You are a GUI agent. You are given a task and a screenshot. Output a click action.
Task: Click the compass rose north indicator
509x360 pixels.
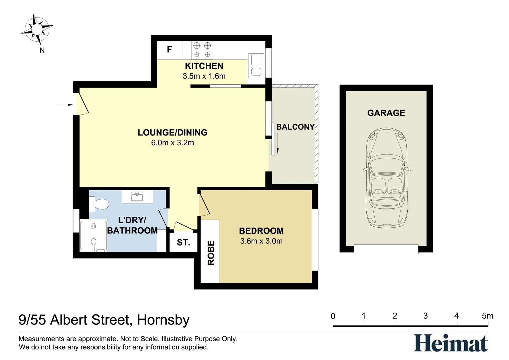(37, 29)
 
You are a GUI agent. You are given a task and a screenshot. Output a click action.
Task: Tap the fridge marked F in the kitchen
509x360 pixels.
(169, 50)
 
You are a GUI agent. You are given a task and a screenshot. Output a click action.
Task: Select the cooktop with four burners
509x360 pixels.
(202, 50)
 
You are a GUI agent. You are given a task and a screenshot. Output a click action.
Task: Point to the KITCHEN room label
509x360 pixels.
(204, 66)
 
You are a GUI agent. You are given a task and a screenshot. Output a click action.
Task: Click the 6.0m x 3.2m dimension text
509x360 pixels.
(173, 143)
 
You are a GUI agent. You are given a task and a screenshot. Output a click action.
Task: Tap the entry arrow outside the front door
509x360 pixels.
(66, 105)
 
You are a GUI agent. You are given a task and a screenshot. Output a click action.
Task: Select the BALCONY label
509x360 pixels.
(295, 127)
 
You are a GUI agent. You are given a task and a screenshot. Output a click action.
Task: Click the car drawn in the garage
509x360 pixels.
(386, 177)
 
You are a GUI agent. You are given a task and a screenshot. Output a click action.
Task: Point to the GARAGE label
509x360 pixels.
(386, 113)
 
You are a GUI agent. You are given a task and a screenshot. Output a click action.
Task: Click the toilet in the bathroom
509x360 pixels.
(99, 204)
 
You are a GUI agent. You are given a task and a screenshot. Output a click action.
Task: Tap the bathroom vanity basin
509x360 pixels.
(137, 196)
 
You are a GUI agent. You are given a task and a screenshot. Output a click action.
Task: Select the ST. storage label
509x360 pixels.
(183, 243)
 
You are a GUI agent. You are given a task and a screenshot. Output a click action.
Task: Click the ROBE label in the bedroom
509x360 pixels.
(211, 253)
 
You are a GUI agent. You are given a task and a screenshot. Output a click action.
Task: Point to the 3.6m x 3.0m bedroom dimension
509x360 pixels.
(261, 241)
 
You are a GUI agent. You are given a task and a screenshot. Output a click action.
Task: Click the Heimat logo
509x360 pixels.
(451, 343)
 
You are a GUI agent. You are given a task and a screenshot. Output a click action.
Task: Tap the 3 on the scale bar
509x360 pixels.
(426, 316)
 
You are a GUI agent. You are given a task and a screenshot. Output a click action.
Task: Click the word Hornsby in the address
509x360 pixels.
(163, 320)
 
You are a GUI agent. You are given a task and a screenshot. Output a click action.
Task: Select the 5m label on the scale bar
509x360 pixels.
(488, 316)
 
